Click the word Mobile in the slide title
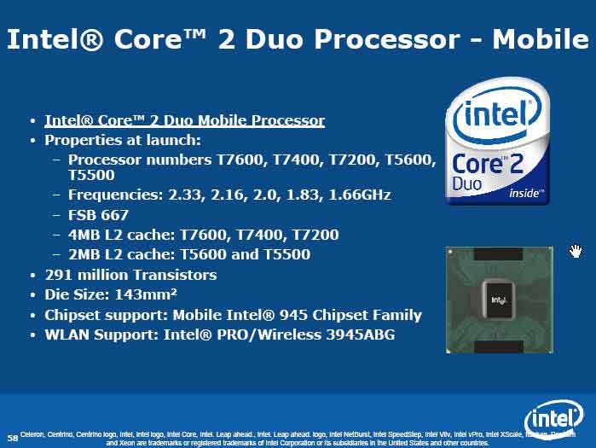(541, 39)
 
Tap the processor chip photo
(498, 299)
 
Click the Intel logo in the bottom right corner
(553, 419)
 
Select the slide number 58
(12, 436)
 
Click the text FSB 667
(98, 214)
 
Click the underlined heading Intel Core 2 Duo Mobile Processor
(184, 120)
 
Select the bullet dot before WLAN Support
(32, 335)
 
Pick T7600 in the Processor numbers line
(258, 160)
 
